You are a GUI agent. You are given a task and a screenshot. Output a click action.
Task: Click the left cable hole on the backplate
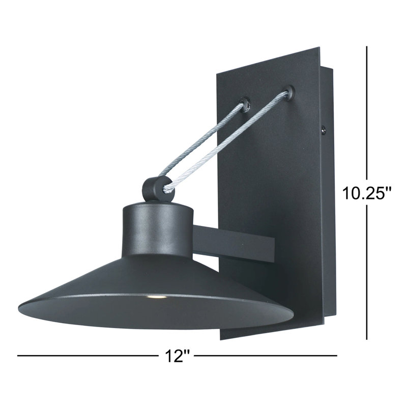(x=246, y=104)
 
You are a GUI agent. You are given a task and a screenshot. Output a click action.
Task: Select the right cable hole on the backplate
(x=290, y=92)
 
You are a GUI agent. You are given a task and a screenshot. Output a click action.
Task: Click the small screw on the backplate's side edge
(x=324, y=130)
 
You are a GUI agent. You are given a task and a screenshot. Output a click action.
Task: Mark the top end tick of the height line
(x=367, y=47)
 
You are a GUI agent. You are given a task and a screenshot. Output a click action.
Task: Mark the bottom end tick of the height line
(x=367, y=339)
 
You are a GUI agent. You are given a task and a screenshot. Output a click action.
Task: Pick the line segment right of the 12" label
(x=265, y=355)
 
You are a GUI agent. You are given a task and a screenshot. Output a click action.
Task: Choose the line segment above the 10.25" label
(x=367, y=112)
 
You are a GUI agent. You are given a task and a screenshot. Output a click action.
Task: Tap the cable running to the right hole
(x=229, y=142)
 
